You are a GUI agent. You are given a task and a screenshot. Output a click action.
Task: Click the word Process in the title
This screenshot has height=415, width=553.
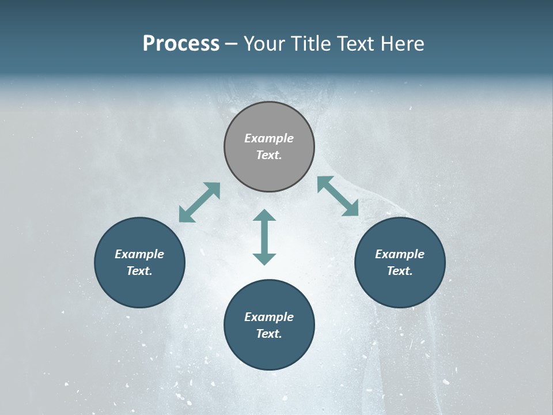[x=181, y=44]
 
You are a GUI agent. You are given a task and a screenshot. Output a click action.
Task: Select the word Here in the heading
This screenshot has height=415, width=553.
[x=403, y=44]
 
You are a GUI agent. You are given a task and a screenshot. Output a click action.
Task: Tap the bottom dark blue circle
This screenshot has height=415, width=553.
[x=269, y=352]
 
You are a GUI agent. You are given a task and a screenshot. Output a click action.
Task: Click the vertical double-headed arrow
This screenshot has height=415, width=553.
[x=264, y=237]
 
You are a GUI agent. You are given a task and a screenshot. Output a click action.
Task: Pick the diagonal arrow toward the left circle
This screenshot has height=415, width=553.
[x=199, y=202]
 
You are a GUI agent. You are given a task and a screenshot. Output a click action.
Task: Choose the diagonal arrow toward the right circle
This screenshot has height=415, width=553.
[x=338, y=196]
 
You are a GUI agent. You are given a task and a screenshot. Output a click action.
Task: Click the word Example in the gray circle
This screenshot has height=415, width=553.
[x=269, y=138]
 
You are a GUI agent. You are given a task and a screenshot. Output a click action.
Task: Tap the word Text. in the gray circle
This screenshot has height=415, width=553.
[x=269, y=155]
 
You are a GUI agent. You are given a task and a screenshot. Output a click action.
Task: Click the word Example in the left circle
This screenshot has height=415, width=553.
[x=139, y=254]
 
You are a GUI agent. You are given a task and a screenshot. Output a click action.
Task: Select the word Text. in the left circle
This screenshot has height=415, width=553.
[x=139, y=271]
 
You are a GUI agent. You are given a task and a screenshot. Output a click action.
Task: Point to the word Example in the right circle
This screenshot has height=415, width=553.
[x=400, y=254]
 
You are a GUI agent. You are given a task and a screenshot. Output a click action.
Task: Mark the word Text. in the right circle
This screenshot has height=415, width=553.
[x=400, y=271]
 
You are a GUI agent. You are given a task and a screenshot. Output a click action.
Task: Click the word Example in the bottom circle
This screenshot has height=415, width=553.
[x=269, y=317]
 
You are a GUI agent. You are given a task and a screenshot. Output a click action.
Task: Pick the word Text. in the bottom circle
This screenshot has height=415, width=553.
[x=269, y=334]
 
